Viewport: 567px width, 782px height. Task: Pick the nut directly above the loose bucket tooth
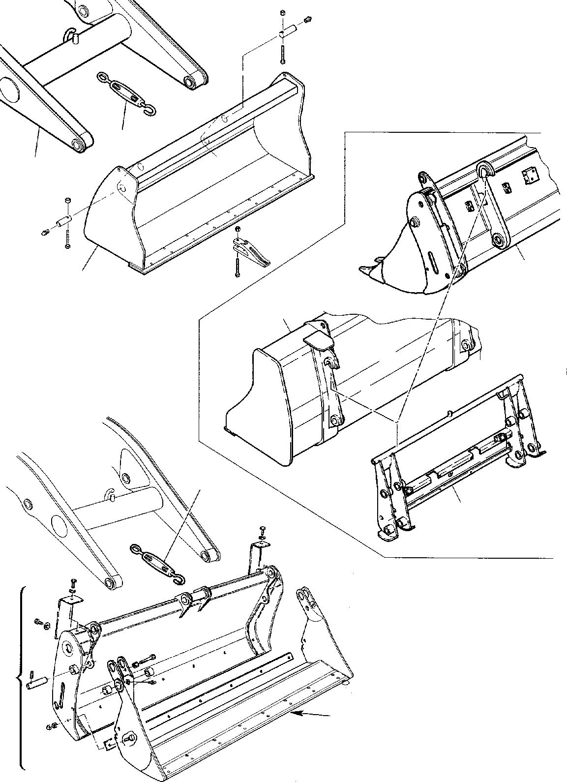tap(238, 229)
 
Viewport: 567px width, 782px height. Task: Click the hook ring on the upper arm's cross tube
tap(71, 34)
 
